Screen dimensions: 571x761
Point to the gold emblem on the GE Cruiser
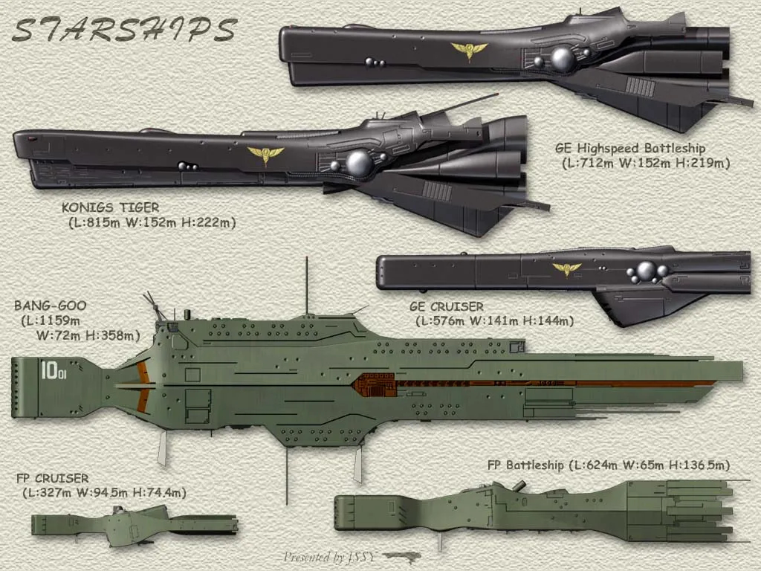click(x=566, y=268)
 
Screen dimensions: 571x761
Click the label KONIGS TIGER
click(x=111, y=207)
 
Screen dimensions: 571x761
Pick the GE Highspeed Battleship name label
click(x=630, y=148)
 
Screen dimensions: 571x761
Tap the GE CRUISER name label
click(x=446, y=306)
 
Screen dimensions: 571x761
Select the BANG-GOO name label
click(x=50, y=306)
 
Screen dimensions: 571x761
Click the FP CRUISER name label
click(x=52, y=478)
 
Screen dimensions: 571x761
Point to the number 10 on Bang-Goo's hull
click(x=49, y=370)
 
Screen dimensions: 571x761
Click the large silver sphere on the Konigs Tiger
click(x=359, y=163)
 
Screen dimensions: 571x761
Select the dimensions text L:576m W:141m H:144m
click(x=494, y=321)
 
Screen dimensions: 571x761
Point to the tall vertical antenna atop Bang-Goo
click(x=306, y=286)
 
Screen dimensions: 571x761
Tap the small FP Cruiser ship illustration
click(x=134, y=524)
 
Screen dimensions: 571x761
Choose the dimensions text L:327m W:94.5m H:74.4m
click(x=104, y=492)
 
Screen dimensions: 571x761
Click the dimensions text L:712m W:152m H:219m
click(x=645, y=163)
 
